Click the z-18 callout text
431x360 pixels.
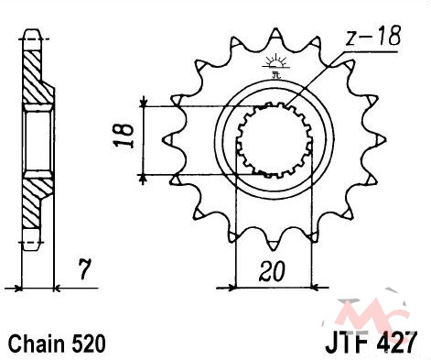tap(372, 36)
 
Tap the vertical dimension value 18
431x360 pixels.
tap(124, 136)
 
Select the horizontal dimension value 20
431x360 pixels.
tap(273, 271)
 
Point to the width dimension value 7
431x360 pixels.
tap(84, 269)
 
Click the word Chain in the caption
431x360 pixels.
tap(37, 344)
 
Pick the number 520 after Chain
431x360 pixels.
tap(89, 344)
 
